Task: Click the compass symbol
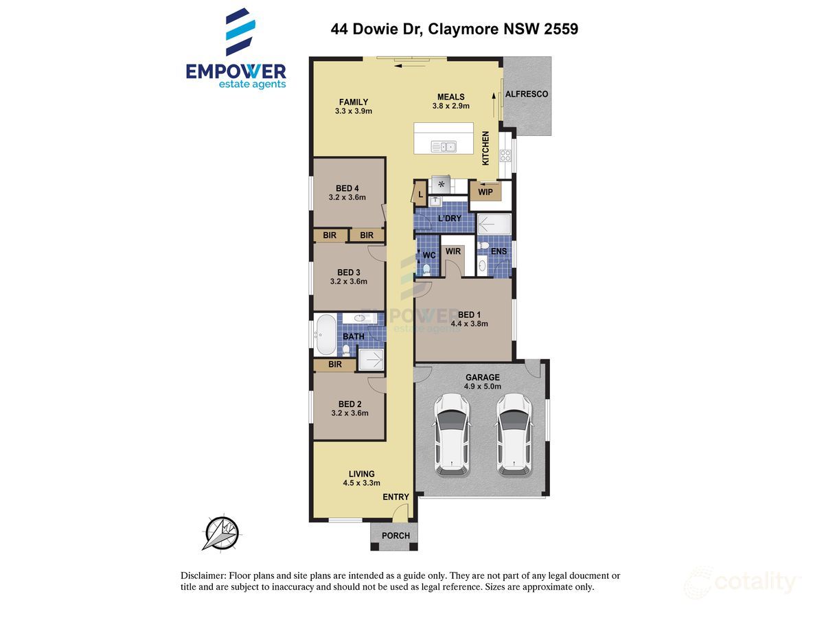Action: (x=220, y=533)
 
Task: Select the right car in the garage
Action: (x=514, y=434)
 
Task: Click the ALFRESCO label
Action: (x=526, y=94)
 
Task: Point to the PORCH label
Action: (x=395, y=536)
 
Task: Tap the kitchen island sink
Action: (x=444, y=146)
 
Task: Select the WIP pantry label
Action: (x=485, y=192)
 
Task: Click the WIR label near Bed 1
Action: (x=453, y=252)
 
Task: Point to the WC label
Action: (x=428, y=255)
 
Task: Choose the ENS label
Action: (x=499, y=252)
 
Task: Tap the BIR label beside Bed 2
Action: (x=335, y=365)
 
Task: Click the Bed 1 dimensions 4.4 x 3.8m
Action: (x=469, y=324)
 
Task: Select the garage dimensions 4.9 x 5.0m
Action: (x=483, y=387)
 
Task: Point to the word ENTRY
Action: (x=396, y=497)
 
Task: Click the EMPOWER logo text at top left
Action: (x=236, y=71)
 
